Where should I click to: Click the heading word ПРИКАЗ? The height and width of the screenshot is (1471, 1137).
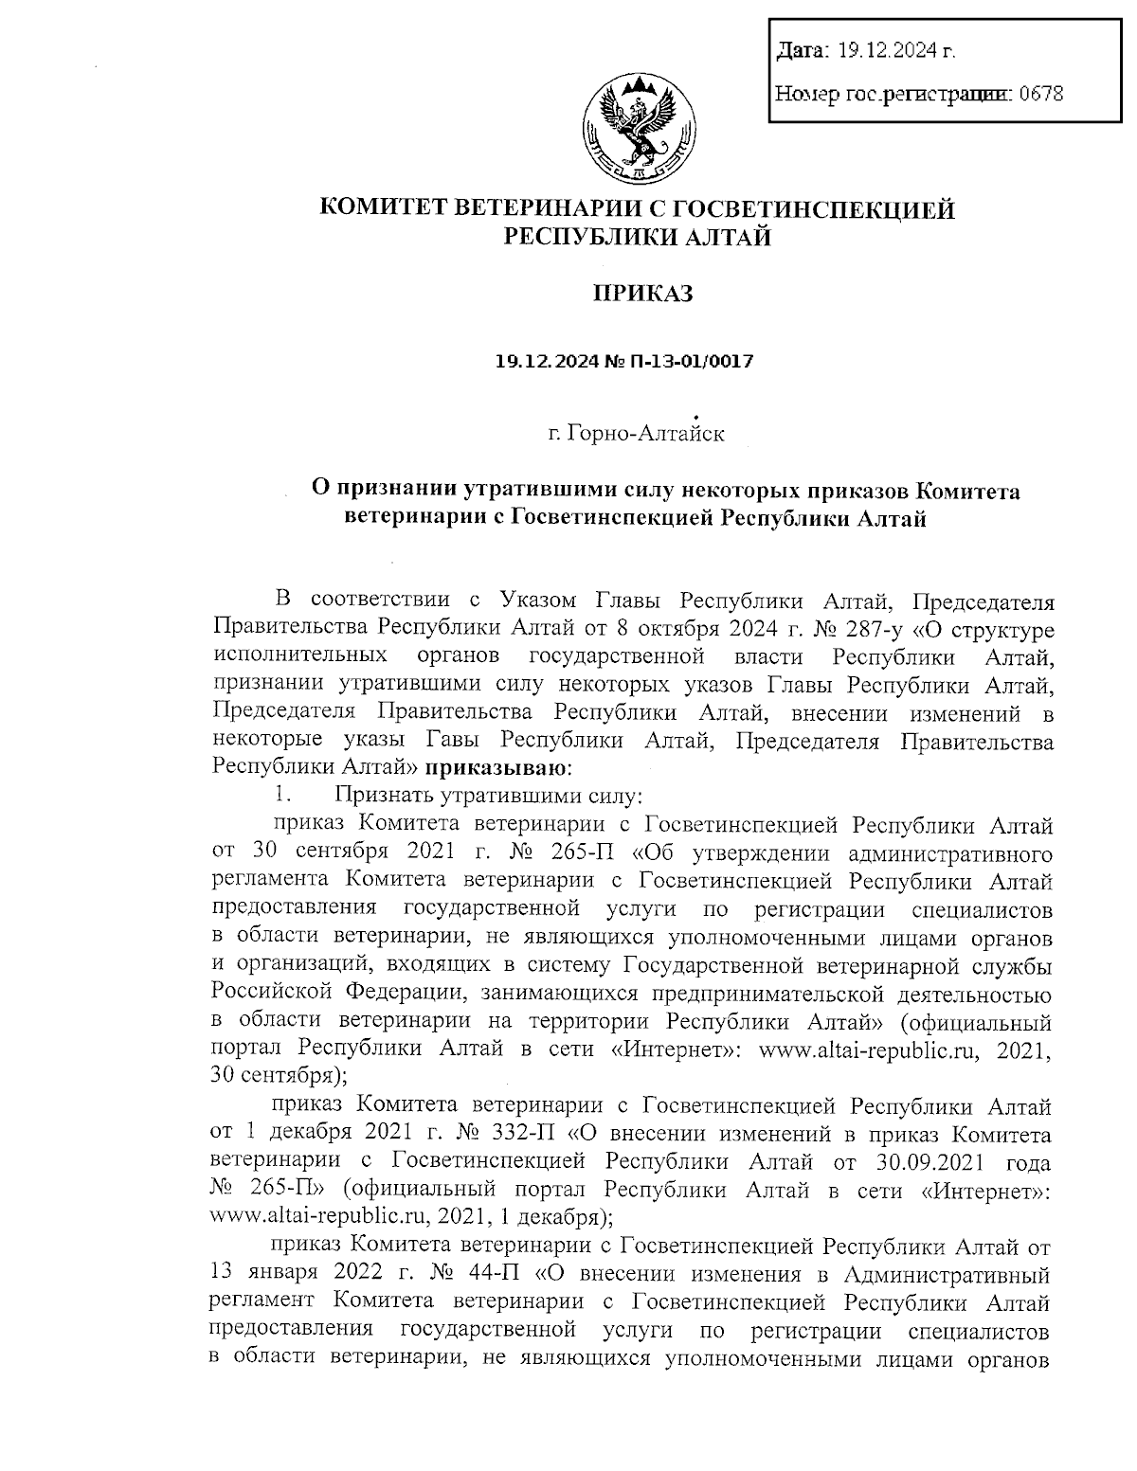[642, 294]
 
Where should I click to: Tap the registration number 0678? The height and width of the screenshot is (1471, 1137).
[1040, 94]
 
